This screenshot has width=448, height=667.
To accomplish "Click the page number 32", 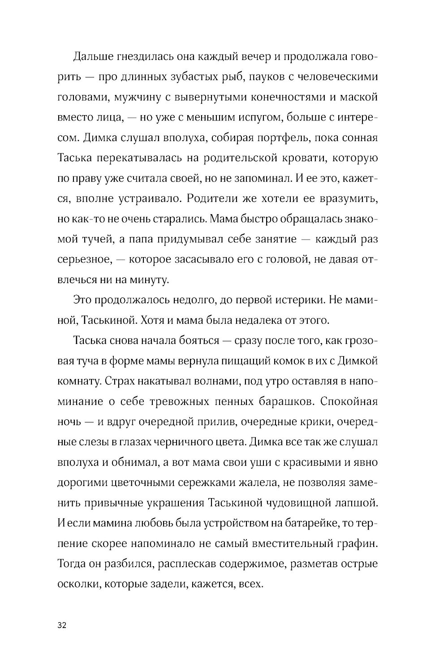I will [x=62, y=626].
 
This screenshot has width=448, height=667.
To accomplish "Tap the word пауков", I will [x=278, y=77].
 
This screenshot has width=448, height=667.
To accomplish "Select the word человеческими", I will [x=346, y=77].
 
